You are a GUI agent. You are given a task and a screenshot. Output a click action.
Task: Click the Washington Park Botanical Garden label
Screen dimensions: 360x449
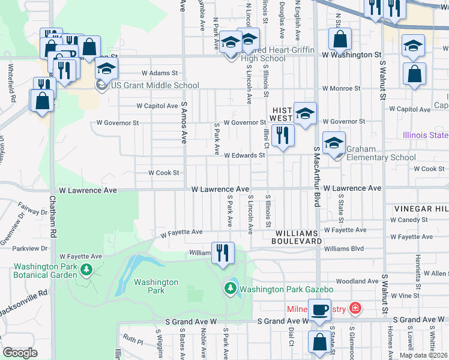tap(46, 271)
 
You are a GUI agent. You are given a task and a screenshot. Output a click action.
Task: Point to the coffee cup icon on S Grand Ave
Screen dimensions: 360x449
tap(319, 311)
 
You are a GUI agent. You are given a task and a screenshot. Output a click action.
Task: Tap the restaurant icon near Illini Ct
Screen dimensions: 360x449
tap(283, 136)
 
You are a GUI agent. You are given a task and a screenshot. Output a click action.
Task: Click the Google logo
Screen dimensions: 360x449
tap(20, 352)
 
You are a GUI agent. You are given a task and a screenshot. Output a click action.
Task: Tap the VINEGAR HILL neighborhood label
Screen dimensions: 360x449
tap(421, 208)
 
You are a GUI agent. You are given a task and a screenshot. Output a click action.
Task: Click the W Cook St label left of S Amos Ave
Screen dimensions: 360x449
tap(164, 173)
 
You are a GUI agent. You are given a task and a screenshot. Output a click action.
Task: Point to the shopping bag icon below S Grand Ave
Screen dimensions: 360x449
tap(319, 342)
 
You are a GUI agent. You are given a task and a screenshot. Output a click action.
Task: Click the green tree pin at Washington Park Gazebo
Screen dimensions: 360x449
tap(230, 289)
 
